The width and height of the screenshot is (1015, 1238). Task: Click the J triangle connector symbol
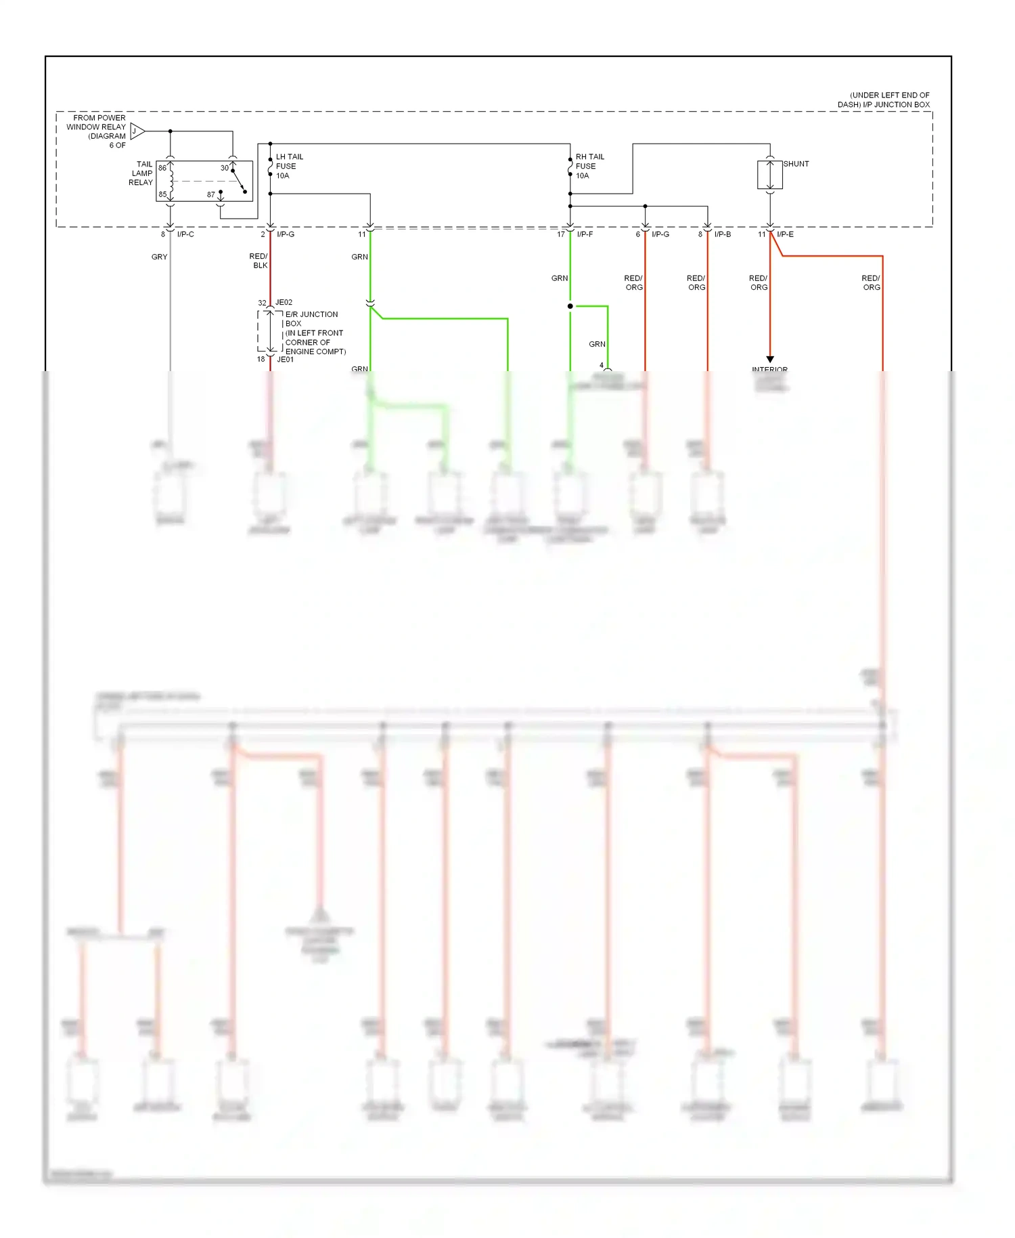(137, 131)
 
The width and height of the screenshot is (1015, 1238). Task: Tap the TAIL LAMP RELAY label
(141, 173)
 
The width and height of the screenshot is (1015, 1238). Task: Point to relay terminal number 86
(162, 168)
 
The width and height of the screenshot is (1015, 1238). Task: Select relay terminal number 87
(211, 194)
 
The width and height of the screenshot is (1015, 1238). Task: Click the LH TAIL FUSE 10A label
(288, 166)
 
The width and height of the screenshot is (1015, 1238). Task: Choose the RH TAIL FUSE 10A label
(589, 166)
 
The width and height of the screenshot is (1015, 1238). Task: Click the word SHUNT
(796, 164)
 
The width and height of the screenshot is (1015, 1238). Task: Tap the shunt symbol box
(770, 175)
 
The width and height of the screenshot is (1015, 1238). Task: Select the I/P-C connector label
(185, 234)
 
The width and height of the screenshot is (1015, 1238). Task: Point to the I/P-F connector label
(585, 234)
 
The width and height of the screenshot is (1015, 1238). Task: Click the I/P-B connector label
(723, 234)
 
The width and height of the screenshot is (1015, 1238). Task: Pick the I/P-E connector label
(785, 234)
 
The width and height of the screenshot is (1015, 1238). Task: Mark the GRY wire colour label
(160, 257)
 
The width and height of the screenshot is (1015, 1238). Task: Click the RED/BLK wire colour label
(259, 261)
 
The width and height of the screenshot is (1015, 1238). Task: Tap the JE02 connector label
(284, 303)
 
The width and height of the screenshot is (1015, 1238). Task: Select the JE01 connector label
(286, 360)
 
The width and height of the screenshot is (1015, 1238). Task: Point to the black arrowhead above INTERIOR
(770, 359)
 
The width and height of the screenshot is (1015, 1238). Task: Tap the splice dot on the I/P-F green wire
(570, 306)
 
